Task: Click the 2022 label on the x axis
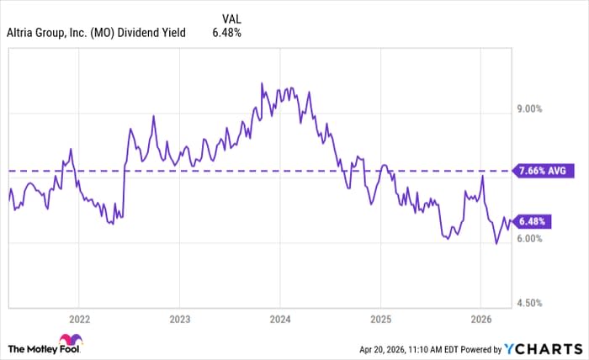click(78, 320)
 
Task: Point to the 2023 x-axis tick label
click(179, 320)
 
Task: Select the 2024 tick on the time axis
click(280, 320)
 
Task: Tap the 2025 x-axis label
click(380, 320)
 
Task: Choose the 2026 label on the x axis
click(480, 320)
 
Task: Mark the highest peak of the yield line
click(262, 83)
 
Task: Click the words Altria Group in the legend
click(37, 34)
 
